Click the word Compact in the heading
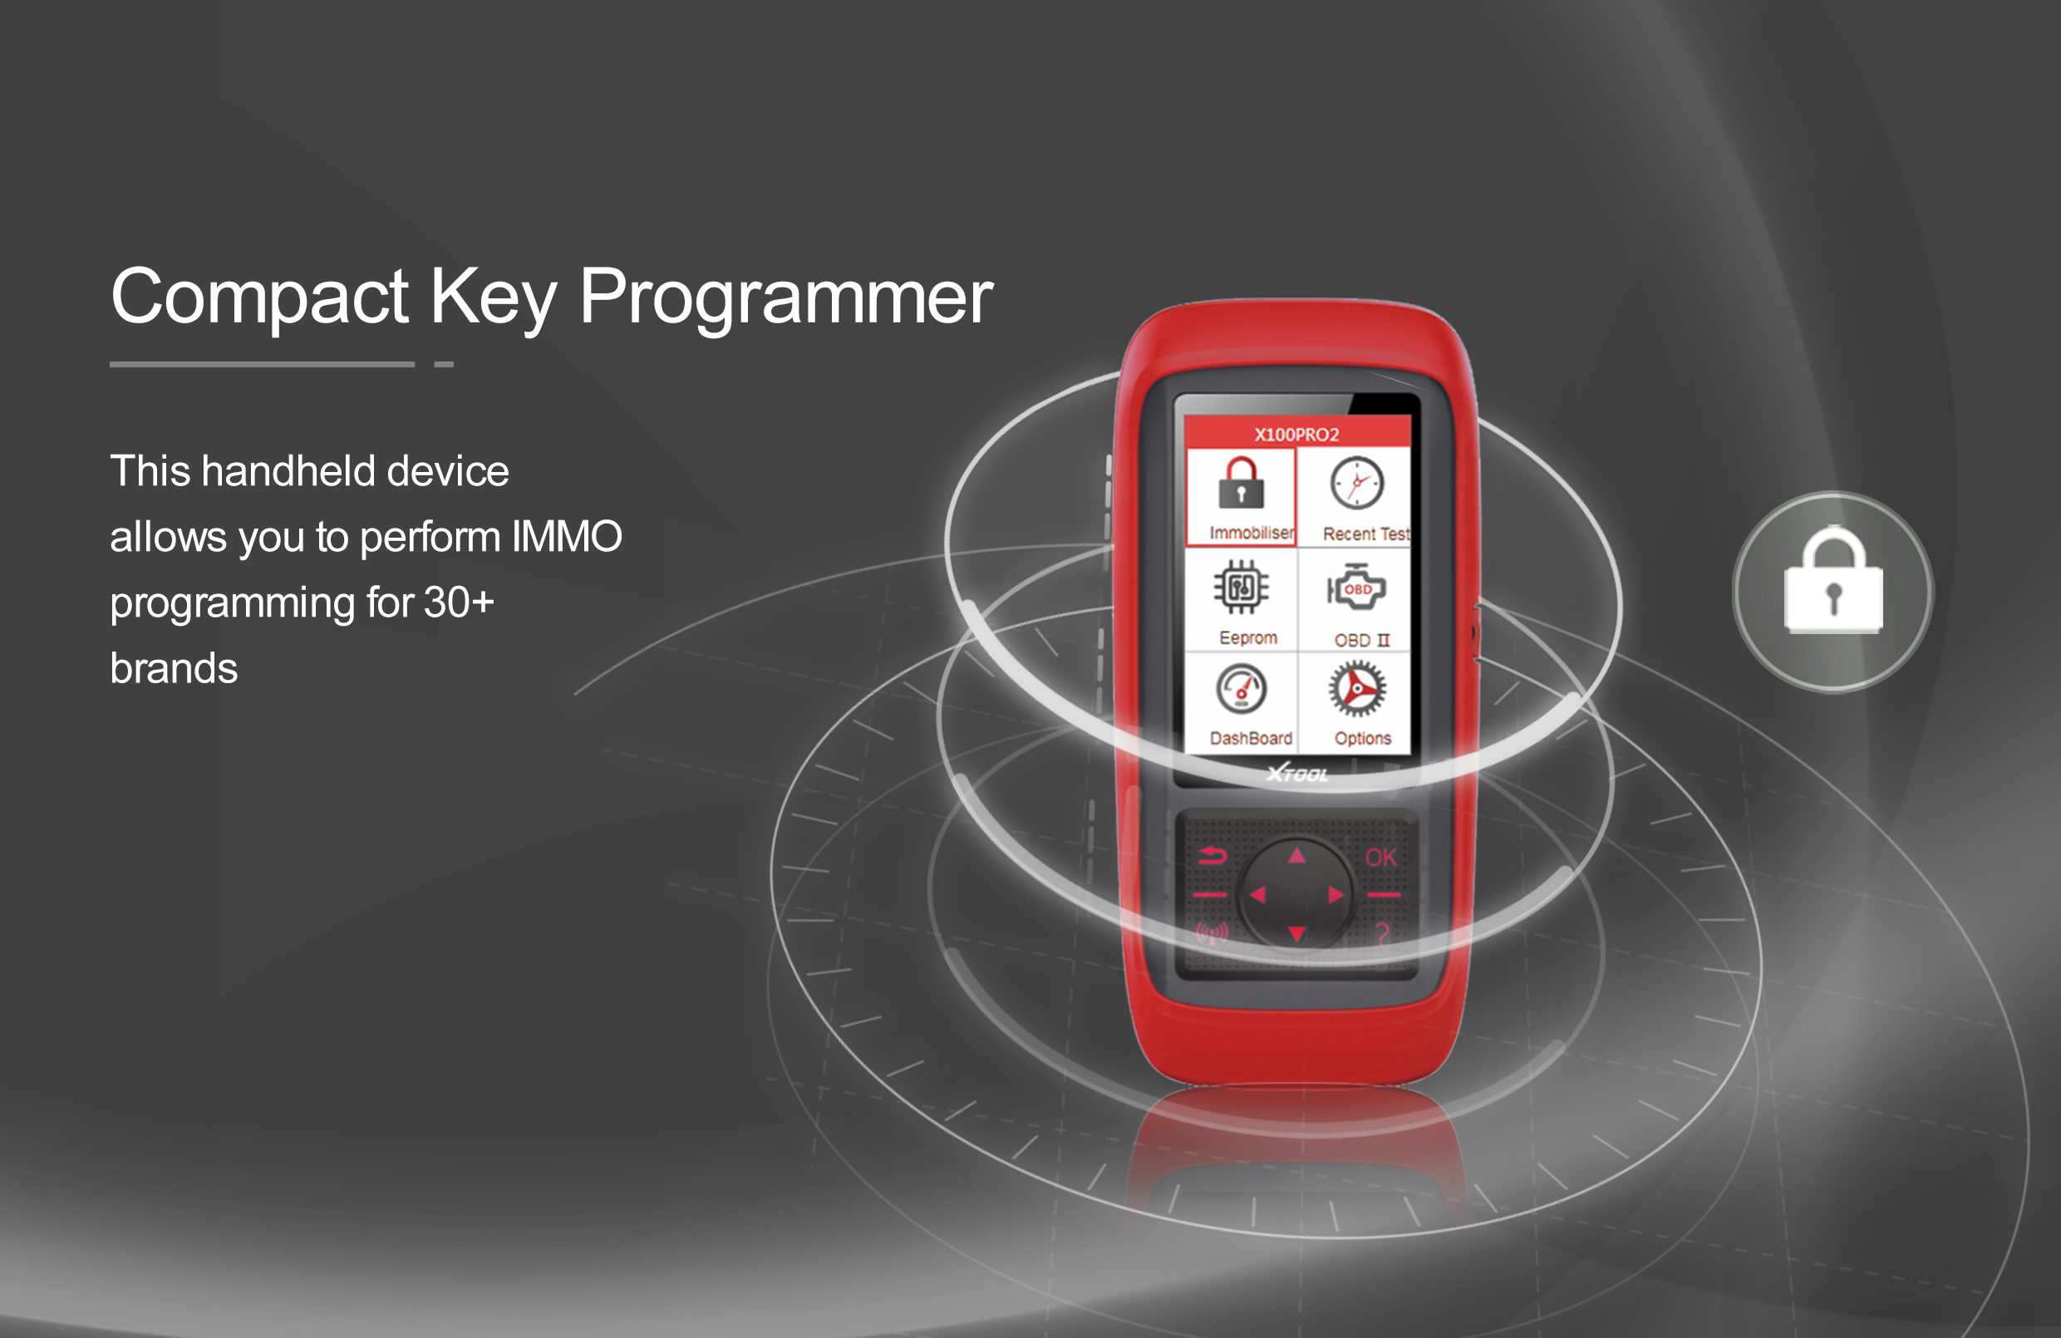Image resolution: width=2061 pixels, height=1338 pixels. pos(260,296)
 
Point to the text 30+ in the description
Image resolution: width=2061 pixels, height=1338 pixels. pos(459,603)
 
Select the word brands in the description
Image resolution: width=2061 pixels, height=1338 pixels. pos(174,668)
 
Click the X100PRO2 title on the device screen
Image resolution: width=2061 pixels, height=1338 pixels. pos(1296,435)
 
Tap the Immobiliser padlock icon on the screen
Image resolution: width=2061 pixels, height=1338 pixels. pos(1241,482)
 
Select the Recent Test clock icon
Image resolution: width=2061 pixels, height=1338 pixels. pos(1357,483)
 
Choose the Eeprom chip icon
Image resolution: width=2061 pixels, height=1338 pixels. pos(1241,588)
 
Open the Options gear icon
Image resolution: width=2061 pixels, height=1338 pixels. pos(1357,689)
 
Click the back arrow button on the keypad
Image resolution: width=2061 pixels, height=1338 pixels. pos(1212,858)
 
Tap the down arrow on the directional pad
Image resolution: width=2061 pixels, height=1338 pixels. pos(1296,933)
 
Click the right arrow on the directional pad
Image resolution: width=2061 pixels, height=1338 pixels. pos(1336,894)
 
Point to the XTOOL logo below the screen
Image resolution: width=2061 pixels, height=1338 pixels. pos(1297,774)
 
